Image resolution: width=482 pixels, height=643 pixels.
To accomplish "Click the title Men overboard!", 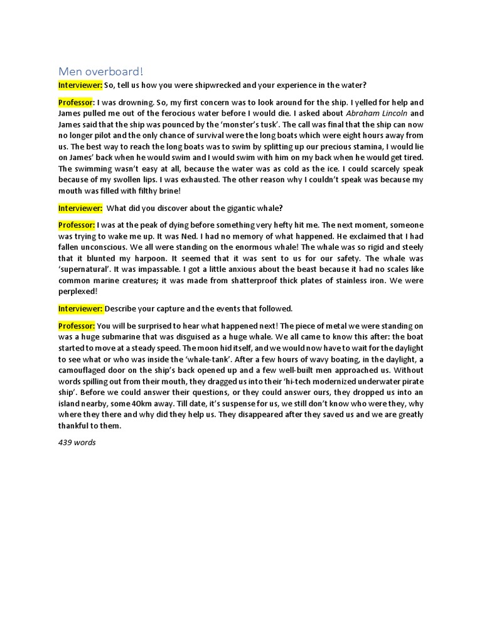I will coord(101,71).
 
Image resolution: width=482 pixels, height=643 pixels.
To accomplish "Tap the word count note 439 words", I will coord(77,442).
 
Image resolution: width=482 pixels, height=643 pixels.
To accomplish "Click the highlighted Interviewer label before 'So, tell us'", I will coord(81,85).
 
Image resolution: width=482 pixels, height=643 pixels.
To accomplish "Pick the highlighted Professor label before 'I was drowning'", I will coord(77,102).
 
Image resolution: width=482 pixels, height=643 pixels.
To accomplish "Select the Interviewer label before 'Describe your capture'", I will coord(81,308).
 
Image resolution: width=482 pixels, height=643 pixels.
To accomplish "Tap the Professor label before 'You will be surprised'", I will coord(77,325).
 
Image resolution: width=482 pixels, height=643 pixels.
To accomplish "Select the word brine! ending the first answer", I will coord(168,191).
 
